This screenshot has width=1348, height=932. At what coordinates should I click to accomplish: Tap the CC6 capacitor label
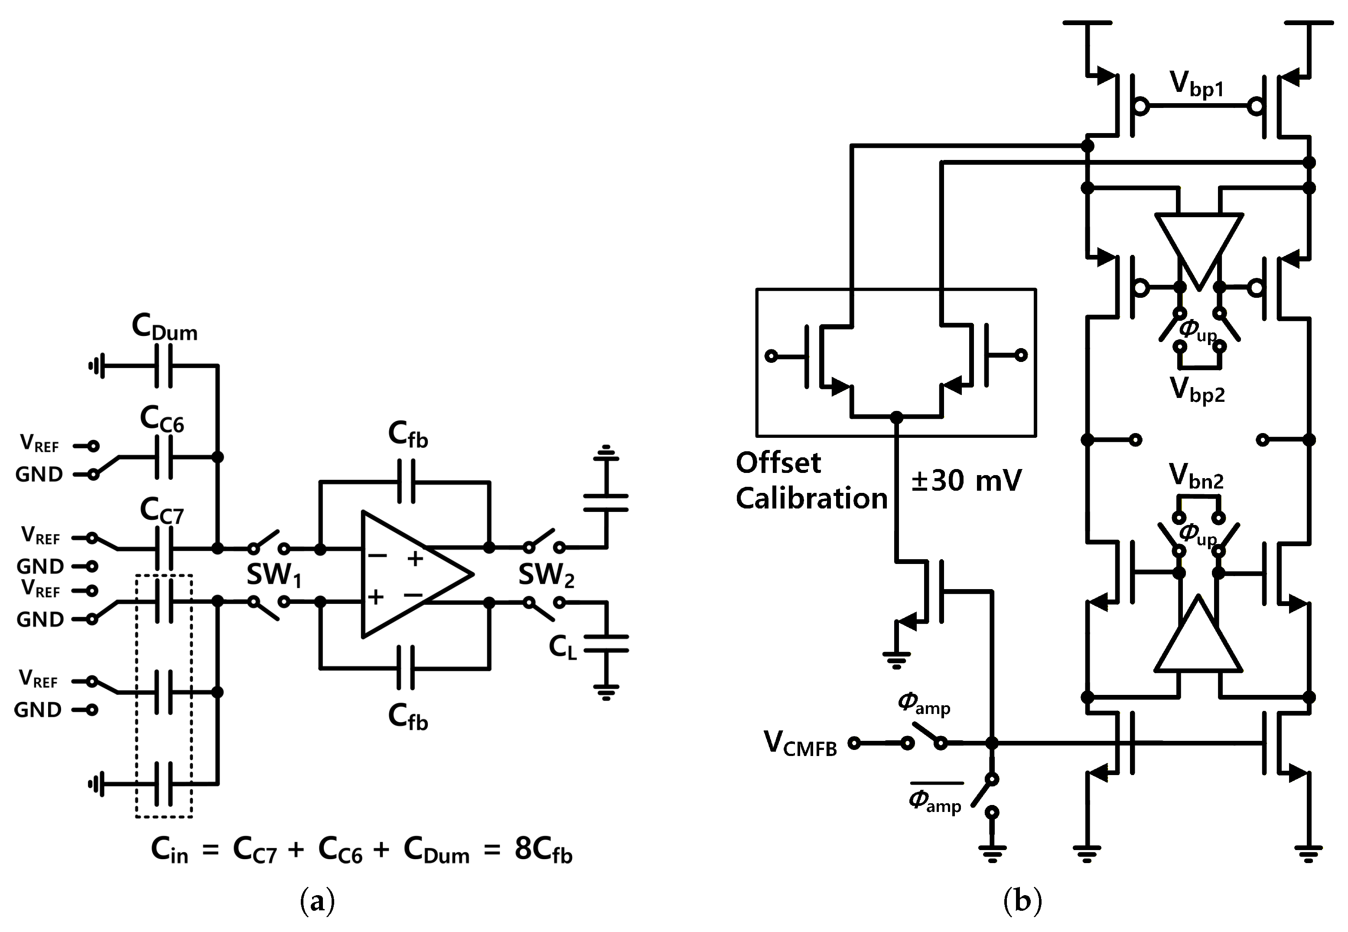(x=162, y=419)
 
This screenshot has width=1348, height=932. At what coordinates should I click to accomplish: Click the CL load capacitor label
(x=563, y=646)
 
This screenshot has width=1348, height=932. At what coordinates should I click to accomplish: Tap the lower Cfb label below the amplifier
(x=408, y=716)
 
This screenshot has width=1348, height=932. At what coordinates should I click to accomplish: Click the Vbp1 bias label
(x=1197, y=86)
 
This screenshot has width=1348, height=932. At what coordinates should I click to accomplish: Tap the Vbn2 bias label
(x=1196, y=476)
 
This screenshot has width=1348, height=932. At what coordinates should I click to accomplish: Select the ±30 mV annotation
(x=966, y=481)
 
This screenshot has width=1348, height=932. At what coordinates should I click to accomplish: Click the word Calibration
(x=811, y=498)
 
